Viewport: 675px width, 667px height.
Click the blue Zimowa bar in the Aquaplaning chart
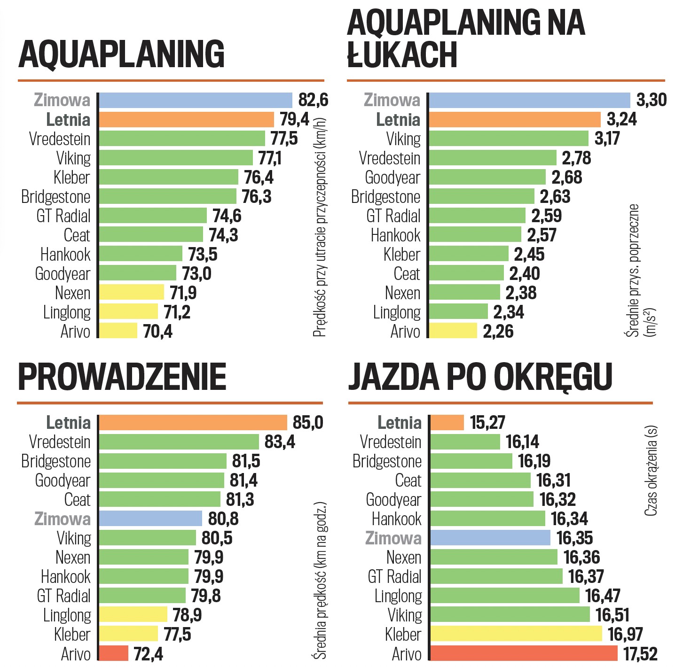coord(196,100)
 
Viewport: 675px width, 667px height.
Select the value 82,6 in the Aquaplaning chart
coord(313,100)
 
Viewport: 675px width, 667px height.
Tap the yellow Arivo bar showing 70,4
coord(118,331)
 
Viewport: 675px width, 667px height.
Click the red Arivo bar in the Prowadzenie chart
coord(113,653)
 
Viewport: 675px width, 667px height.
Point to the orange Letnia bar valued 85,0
coord(193,422)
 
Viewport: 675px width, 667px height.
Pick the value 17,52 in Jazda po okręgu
coord(640,653)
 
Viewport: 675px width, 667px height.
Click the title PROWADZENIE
coord(122,377)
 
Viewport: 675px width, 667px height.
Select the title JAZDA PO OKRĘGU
coord(480,377)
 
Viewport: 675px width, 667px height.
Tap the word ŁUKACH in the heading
coord(402,55)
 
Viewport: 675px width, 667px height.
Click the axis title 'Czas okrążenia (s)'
coord(651,471)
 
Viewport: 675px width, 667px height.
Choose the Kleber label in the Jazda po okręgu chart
coord(403,634)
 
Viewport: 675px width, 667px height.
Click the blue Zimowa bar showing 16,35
coord(490,538)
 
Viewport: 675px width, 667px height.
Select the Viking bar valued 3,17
coord(509,139)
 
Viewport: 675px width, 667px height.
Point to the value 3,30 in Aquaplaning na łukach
coord(651,100)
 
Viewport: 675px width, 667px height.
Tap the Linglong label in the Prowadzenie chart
coord(67,615)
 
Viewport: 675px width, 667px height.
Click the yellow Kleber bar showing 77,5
coord(128,634)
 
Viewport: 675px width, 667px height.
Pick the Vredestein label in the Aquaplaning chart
coord(60,139)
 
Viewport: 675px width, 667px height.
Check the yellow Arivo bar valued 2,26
coord(453,331)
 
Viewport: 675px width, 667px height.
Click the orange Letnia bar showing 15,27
coord(447,422)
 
